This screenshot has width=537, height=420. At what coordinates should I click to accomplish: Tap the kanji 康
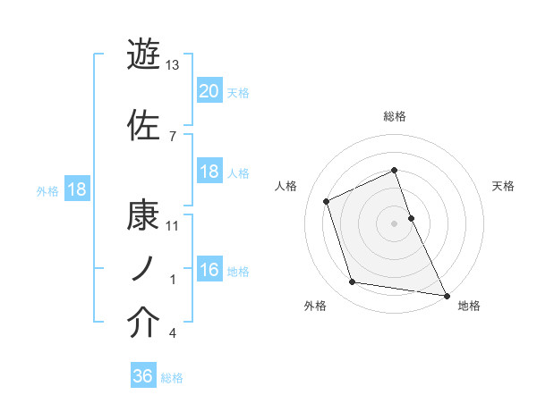click(x=143, y=215)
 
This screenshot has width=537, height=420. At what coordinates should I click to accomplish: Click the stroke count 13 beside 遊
click(x=173, y=66)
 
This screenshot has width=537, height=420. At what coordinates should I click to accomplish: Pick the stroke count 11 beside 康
click(x=173, y=225)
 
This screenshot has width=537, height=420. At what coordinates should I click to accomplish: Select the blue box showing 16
click(x=209, y=271)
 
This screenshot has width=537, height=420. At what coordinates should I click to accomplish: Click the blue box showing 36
click(x=143, y=376)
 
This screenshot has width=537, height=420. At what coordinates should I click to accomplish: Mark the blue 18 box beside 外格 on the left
click(x=76, y=189)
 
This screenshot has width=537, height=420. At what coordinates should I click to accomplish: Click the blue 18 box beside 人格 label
click(x=209, y=172)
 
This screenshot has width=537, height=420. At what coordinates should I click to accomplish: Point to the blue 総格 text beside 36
click(x=173, y=378)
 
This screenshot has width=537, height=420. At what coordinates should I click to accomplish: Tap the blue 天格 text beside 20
click(x=238, y=92)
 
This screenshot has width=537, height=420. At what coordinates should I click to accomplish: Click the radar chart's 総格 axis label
click(x=395, y=116)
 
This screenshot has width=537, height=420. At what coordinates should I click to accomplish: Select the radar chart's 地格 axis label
click(x=469, y=307)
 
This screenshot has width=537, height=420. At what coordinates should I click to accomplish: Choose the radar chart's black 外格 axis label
click(x=315, y=307)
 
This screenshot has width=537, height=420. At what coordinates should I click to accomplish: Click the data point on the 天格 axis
click(x=411, y=217)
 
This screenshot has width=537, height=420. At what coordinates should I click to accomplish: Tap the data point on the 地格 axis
click(x=446, y=294)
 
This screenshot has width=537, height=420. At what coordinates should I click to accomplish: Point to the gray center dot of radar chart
click(x=395, y=223)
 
